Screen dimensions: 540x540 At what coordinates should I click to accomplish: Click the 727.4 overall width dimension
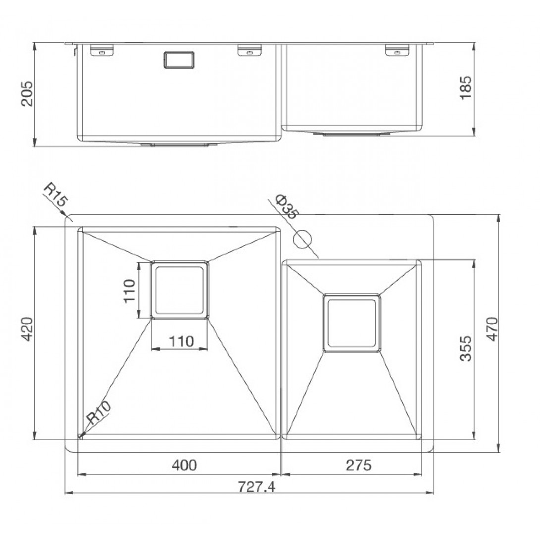coord(257,487)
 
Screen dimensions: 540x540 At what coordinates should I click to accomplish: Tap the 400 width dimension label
coord(184,465)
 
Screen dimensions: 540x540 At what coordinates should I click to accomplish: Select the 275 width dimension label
coord(359,465)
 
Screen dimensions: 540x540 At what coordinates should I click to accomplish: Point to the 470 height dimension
coord(493,329)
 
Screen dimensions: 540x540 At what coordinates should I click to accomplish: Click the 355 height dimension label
coord(466,348)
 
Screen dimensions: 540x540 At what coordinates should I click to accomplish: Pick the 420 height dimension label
coord(27,329)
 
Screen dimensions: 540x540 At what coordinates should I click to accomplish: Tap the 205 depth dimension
coord(27,93)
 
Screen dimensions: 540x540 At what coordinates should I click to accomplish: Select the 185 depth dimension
coord(466,88)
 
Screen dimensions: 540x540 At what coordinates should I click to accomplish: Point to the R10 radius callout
coord(99,412)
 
